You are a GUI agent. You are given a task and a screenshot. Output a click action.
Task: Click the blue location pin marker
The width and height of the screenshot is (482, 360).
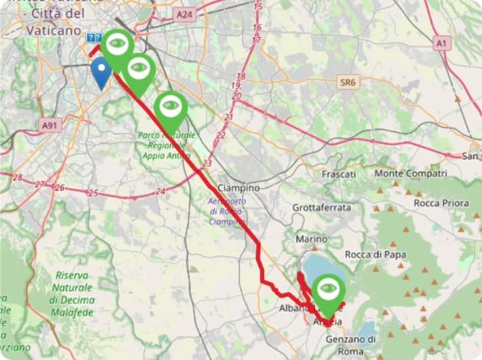(101, 71)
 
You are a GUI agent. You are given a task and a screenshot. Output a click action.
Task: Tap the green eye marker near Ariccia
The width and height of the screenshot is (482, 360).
(327, 289)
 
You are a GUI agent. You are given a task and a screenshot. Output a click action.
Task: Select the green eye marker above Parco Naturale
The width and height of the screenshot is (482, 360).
(169, 106)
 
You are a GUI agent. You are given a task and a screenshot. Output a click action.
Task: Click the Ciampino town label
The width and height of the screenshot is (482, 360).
(238, 187)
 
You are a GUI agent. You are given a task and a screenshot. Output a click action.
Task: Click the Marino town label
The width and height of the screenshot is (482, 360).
(311, 239)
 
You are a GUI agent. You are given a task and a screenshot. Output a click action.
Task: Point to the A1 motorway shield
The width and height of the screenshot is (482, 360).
(441, 43)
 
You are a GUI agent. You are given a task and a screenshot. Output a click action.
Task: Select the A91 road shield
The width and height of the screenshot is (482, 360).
(50, 125)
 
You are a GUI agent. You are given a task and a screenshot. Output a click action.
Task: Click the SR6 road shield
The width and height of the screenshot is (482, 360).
(348, 83)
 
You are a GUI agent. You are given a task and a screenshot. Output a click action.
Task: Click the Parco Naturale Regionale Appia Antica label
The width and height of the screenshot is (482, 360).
(168, 143)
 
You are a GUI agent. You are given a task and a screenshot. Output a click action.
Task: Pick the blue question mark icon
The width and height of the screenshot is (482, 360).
(92, 38)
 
